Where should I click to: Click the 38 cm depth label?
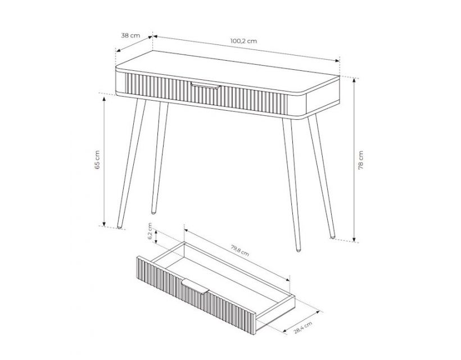pyautogui.click(x=130, y=35)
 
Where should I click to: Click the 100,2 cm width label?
pyautogui.click(x=243, y=41)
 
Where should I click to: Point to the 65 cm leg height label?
pyautogui.click(x=97, y=160)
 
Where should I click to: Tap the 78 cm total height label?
pyautogui.click(x=361, y=160)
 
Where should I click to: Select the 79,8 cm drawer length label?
pyautogui.click(x=240, y=250)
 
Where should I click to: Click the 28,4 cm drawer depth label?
pyautogui.click(x=303, y=327)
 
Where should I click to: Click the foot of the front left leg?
pyautogui.click(x=119, y=226)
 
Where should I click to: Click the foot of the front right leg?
pyautogui.click(x=298, y=250)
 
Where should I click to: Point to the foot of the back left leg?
pyautogui.click(x=153, y=211)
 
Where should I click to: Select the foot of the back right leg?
pyautogui.click(x=332, y=236)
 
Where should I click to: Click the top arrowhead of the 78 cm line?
pyautogui.click(x=354, y=80)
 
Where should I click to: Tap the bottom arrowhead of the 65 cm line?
pyautogui.click(x=104, y=224)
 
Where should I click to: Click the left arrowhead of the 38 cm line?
pyautogui.click(x=118, y=50)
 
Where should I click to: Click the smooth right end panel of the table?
pyautogui.click(x=323, y=102)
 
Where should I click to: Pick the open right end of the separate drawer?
pyautogui.click(x=275, y=314)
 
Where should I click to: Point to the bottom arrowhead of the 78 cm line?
pyautogui.click(x=354, y=239)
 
